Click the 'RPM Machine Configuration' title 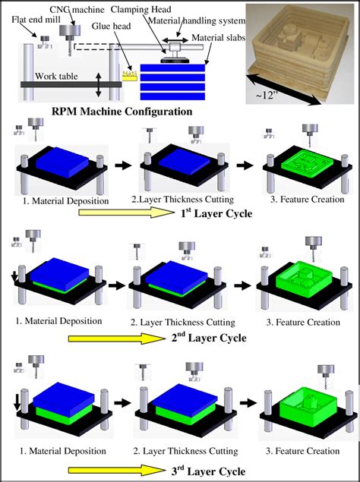(x=122, y=112)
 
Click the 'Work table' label (x=58, y=77)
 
